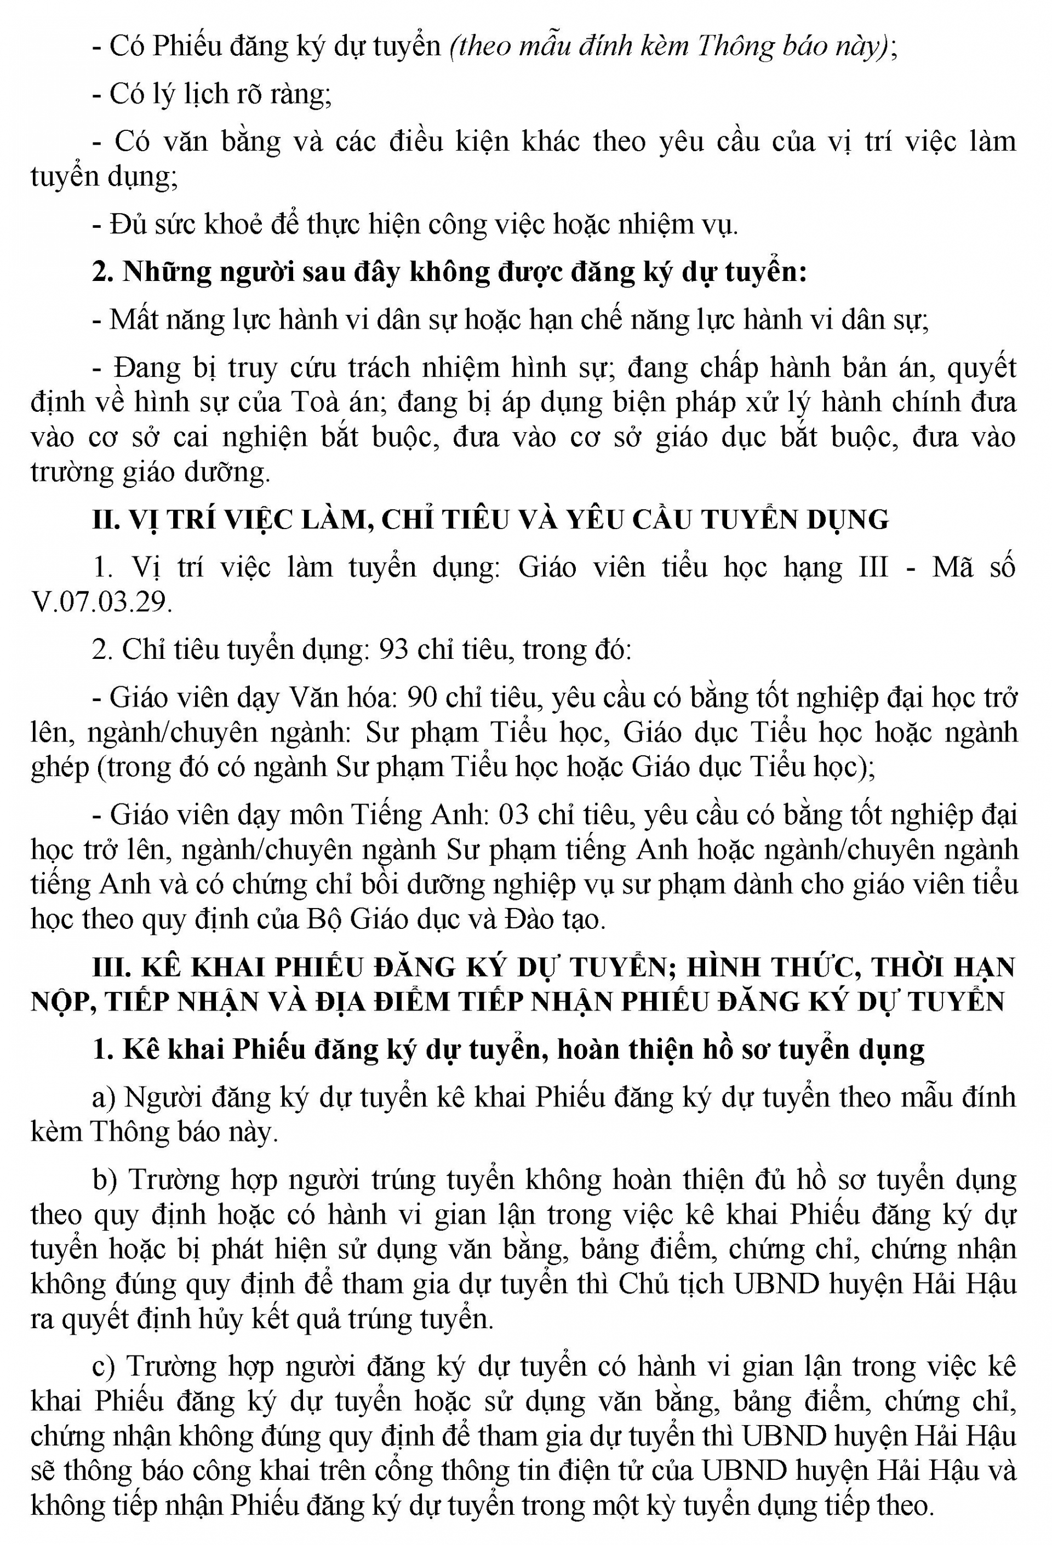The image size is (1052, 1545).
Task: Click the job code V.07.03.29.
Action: (101, 601)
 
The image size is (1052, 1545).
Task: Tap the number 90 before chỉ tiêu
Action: (421, 697)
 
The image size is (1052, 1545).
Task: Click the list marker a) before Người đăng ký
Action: (105, 1097)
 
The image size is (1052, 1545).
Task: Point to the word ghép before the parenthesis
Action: (60, 767)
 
